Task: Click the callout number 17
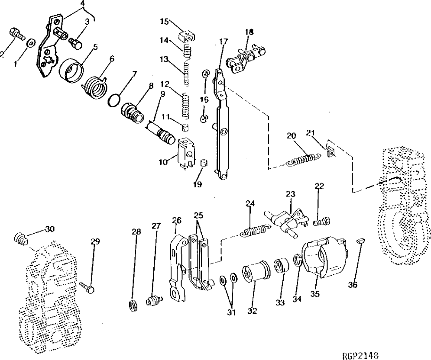coord(223,42)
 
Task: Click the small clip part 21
coord(331,151)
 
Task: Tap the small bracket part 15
coord(187,34)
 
